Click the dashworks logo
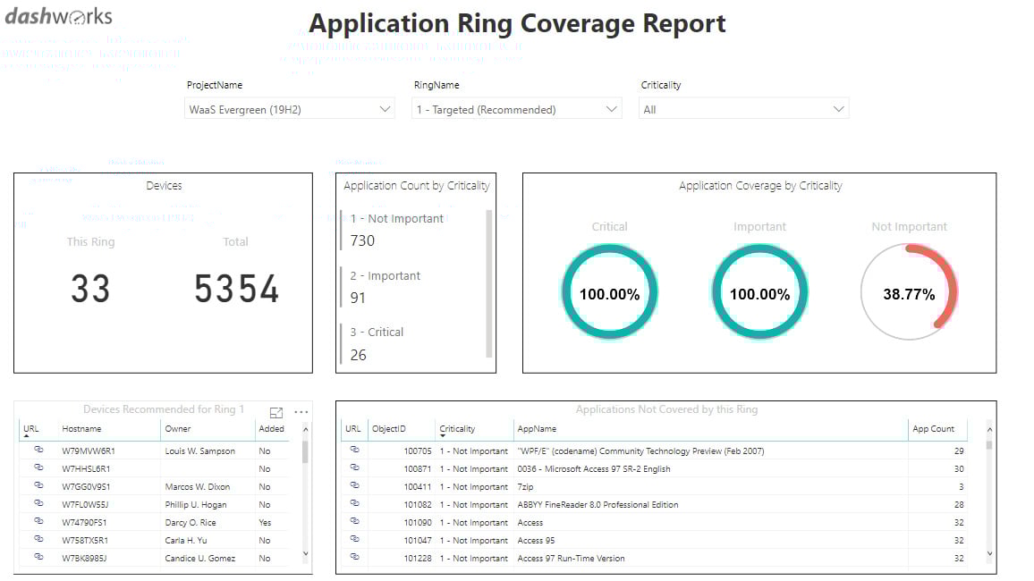pos(59,16)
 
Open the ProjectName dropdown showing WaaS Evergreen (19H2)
pos(289,109)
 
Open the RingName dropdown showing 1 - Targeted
pos(516,109)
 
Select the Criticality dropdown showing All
pos(742,109)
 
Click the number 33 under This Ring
pos(90,290)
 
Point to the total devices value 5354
pos(236,290)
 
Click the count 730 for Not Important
pos(362,240)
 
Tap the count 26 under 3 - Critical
pos(358,355)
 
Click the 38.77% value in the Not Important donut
pos(909,294)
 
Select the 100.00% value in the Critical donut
pos(609,294)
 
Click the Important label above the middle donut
pos(759,227)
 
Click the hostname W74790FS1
pos(84,523)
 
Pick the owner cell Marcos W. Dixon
pos(197,487)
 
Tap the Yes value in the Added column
pos(265,523)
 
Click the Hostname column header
pos(81,429)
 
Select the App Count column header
pos(933,429)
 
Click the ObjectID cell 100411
pos(417,487)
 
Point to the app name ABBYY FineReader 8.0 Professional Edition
pos(598,505)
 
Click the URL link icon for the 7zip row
pos(354,486)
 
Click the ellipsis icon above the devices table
pos(301,412)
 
